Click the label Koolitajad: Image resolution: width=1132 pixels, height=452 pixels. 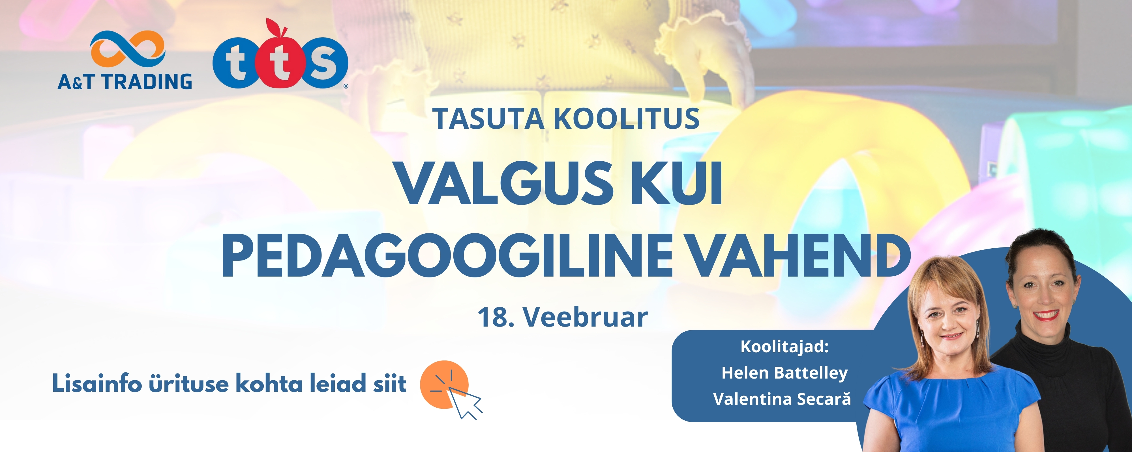pos(784,347)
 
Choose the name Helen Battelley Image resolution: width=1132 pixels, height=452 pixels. pos(784,373)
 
